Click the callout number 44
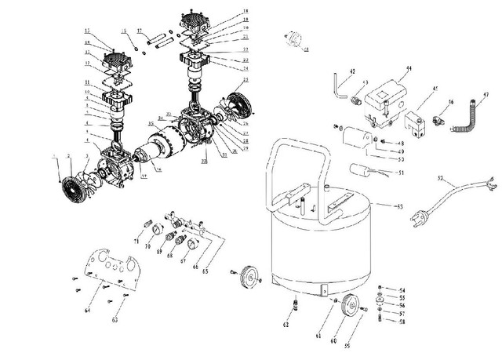409,69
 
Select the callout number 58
402,322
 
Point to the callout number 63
115,320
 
